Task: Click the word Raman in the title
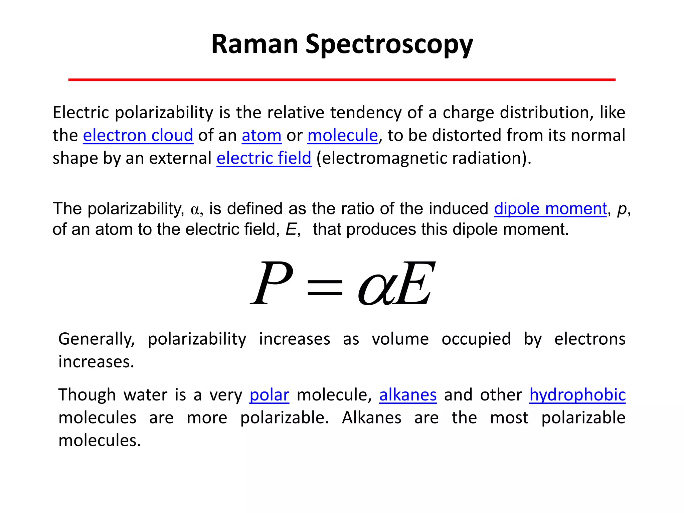click(x=254, y=44)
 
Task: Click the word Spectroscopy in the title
click(x=389, y=45)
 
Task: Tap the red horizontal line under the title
click(x=342, y=80)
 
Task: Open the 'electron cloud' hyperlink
click(x=138, y=135)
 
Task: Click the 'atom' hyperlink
click(x=262, y=135)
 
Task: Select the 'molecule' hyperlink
click(x=342, y=135)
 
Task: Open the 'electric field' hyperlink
click(x=264, y=158)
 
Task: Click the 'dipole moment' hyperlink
click(x=550, y=209)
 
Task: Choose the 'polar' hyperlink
click(x=269, y=395)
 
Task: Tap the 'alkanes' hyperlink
click(x=408, y=395)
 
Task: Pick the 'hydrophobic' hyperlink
click(x=577, y=395)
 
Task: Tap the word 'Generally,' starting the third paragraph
click(x=97, y=339)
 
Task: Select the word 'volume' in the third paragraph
click(x=400, y=339)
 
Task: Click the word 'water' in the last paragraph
click(x=145, y=395)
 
